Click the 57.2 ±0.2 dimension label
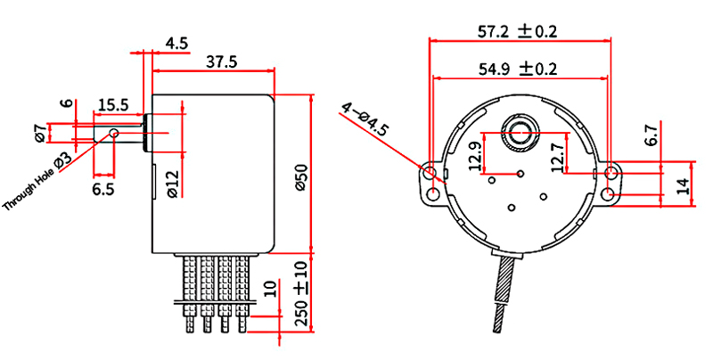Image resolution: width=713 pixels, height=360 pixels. (517, 31)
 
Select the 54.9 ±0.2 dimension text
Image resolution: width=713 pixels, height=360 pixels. (518, 69)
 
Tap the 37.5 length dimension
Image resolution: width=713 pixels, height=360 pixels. (221, 61)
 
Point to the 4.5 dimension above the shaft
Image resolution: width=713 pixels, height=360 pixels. (176, 44)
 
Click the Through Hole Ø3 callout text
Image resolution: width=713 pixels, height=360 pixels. (37, 183)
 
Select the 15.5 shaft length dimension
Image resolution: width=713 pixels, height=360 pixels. (114, 105)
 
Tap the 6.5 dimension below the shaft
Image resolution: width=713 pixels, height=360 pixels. (103, 189)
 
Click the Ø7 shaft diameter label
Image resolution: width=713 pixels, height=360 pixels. (40, 132)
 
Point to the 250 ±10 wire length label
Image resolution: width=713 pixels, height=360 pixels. (302, 297)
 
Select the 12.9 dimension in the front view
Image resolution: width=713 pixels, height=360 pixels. (475, 157)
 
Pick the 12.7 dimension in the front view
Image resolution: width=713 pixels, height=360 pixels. (558, 155)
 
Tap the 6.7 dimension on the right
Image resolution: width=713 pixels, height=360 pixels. (651, 135)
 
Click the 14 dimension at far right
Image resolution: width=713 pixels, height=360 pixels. (683, 186)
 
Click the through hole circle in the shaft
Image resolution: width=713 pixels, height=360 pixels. (114, 133)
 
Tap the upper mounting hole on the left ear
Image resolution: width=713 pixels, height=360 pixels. (430, 173)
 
